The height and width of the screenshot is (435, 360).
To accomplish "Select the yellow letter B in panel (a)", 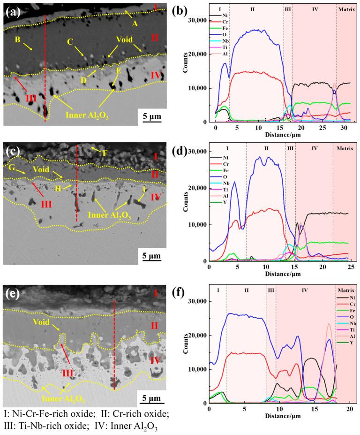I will (x=17, y=40).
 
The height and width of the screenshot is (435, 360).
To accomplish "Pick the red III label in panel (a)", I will (x=31, y=99).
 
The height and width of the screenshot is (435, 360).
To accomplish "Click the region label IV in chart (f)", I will (x=305, y=291).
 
